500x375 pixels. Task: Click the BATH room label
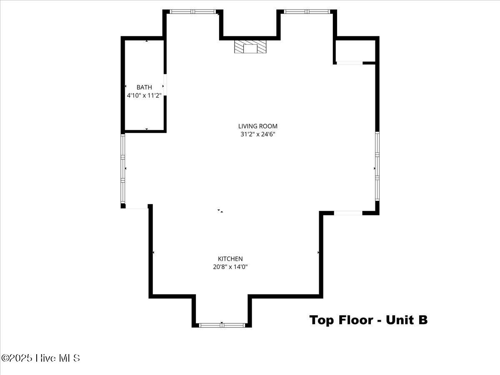coord(144,87)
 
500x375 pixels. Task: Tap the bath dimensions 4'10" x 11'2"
coord(144,95)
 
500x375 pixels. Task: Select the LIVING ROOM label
coord(258,126)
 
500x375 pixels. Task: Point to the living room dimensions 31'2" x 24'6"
coord(258,134)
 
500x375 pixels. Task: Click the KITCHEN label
coord(230,259)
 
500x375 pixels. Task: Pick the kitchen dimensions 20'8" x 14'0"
coord(230,267)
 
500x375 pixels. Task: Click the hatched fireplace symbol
coord(250,47)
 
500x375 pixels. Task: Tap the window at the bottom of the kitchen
coord(222,325)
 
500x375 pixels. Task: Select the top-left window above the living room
coord(193,12)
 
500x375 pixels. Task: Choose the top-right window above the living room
coord(307,12)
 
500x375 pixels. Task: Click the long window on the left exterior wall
coord(123,168)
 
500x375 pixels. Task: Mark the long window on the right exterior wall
coord(377,166)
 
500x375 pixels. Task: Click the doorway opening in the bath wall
coord(165,85)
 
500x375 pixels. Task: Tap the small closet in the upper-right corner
coord(355,51)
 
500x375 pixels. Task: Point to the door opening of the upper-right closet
coord(350,63)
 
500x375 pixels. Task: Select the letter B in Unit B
coord(422,320)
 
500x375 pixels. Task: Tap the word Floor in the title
coord(356,320)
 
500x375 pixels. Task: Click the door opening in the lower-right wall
coord(348,213)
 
